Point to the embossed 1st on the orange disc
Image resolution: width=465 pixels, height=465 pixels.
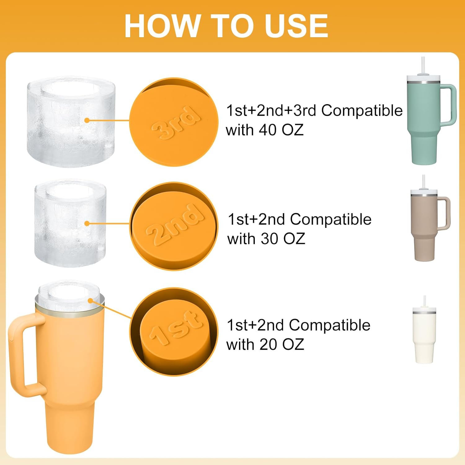176,329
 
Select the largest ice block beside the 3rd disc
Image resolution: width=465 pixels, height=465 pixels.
71,122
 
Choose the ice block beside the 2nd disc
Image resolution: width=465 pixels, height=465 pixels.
70,223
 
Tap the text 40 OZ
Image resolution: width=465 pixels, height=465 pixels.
281,130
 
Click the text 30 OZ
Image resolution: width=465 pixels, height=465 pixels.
283,239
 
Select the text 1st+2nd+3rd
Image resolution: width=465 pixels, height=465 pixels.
271,110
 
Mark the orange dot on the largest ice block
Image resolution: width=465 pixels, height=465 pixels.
87,120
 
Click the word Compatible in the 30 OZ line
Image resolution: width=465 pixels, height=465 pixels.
331,219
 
